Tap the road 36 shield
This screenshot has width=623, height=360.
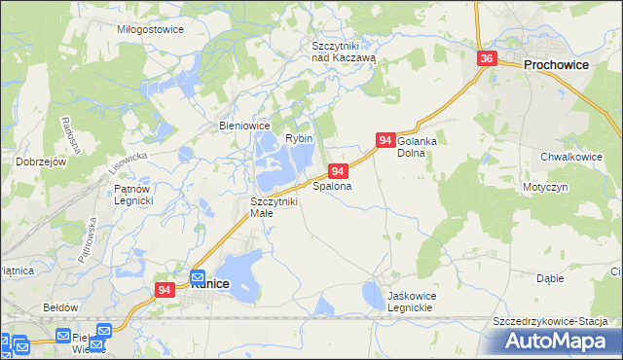[488, 59]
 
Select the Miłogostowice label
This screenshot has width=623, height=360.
[150, 29]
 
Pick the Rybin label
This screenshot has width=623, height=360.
[298, 139]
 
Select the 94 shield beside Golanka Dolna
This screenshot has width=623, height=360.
[385, 141]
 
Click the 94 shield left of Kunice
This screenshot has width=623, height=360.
[165, 290]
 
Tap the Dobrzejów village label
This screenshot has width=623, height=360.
[40, 162]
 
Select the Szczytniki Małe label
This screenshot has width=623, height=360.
[268, 206]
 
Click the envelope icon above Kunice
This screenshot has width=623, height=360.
[198, 275]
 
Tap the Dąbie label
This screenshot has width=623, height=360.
[550, 278]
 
